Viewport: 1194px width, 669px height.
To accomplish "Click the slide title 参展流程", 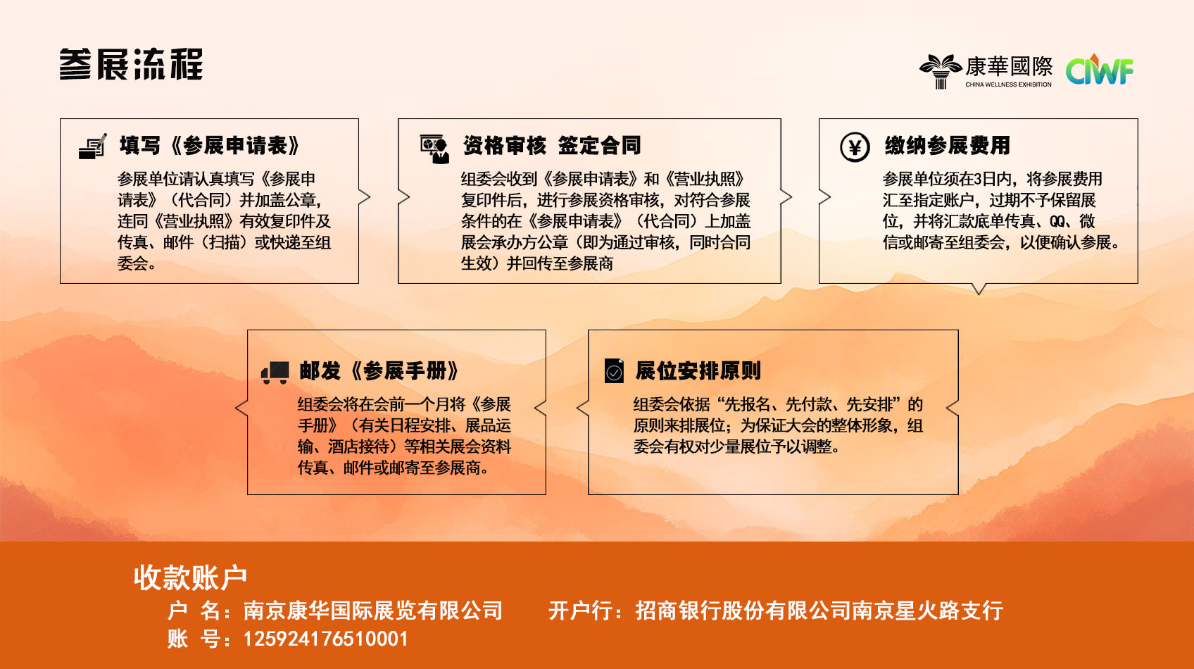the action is tap(131, 65).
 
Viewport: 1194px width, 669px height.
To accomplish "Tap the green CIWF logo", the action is tap(1099, 70).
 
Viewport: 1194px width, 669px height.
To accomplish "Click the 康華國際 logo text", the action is tap(1009, 67).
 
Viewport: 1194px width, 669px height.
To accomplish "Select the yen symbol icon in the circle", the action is tap(855, 146).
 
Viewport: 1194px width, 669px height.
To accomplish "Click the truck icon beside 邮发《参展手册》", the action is tap(275, 373).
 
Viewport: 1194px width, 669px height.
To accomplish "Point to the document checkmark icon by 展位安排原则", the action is tap(614, 370).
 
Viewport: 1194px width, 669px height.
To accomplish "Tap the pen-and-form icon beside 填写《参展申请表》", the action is tap(93, 146).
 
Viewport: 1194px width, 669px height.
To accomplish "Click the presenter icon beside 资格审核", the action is tap(434, 149).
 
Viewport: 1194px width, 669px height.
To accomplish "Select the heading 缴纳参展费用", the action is tap(947, 146).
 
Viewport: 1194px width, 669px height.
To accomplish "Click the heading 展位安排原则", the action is tap(698, 370).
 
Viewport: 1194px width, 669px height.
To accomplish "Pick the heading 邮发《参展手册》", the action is tap(379, 370).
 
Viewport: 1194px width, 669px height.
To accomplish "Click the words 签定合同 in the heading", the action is tap(599, 146).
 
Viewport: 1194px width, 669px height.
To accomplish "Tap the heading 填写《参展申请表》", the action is tap(210, 146).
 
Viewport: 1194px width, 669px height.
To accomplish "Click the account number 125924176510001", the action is tap(326, 639).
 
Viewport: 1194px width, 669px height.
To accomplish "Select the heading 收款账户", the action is tap(190, 577).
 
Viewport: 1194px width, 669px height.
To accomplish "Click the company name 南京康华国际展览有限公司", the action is tap(373, 611).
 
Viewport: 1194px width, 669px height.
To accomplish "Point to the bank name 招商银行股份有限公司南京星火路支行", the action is tap(819, 611).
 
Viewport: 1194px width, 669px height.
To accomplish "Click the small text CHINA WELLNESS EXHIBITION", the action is tap(1009, 85).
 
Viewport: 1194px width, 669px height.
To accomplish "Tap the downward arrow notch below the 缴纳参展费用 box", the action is tap(979, 289).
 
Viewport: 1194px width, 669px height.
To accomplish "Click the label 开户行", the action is tap(580, 611).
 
